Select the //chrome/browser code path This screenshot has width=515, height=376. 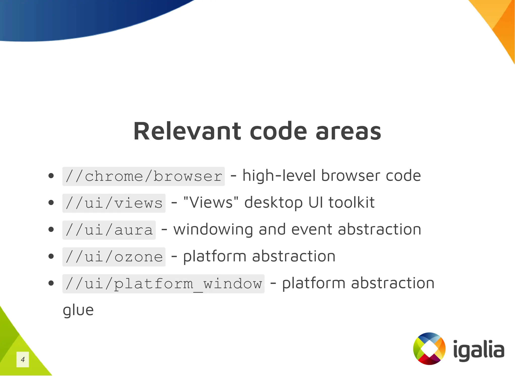tap(143, 176)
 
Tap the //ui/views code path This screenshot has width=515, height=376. tap(114, 203)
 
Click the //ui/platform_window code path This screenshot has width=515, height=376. tap(163, 284)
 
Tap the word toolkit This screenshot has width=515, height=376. tap(351, 202)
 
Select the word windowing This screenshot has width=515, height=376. tap(213, 229)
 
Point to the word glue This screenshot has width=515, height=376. tap(78, 310)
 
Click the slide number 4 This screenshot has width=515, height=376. tap(23, 359)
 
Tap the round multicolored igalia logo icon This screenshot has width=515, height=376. tap(429, 349)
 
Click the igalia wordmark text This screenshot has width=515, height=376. tap(479, 349)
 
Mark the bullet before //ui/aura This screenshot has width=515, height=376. tap(51, 229)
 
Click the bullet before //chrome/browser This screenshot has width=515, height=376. tap(51, 176)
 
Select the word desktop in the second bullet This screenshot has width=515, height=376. tap(273, 203)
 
